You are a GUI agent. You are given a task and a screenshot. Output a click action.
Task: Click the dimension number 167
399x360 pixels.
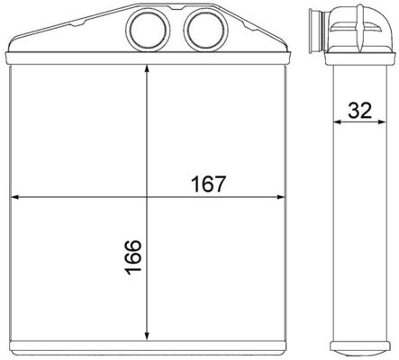tap(208, 182)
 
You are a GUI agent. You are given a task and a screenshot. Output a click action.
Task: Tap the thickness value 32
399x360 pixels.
tap(360, 112)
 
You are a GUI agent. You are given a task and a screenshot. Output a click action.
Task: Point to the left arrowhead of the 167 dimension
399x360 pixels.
tap(14, 196)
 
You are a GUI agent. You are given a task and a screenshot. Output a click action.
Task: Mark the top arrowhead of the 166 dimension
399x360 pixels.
tap(147, 71)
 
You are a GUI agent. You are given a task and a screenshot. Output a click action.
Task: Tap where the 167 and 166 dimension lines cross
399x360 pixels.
tap(147, 196)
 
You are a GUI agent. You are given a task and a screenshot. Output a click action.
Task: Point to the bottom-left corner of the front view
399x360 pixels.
tap(8, 353)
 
